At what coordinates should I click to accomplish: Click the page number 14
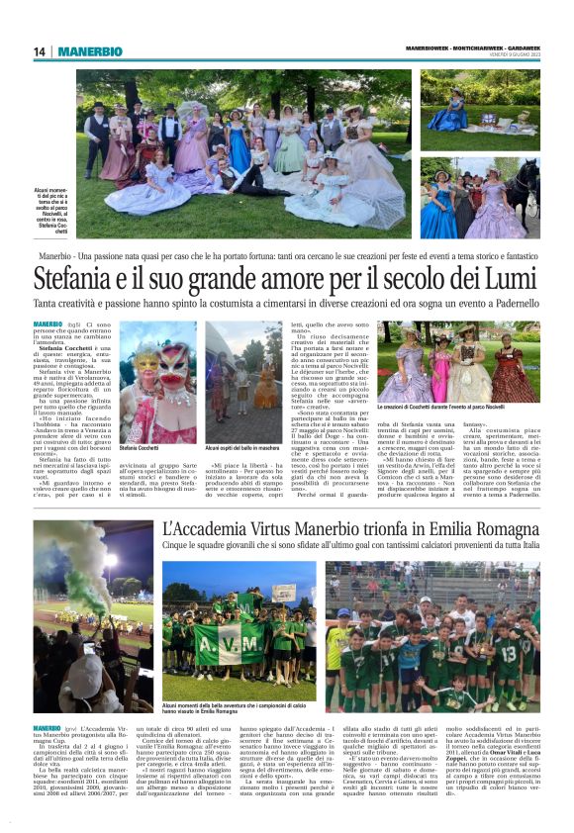(40, 51)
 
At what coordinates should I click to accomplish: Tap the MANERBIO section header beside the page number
(89, 51)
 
